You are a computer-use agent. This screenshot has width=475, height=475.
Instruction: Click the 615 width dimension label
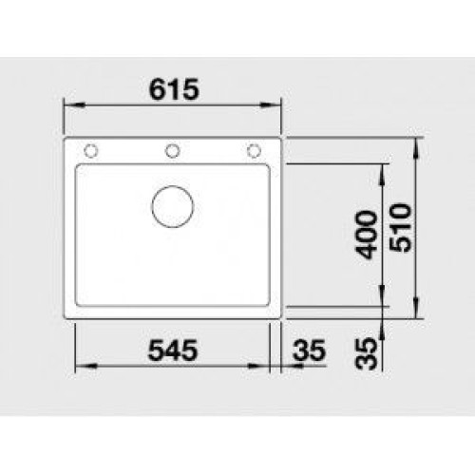point(174,89)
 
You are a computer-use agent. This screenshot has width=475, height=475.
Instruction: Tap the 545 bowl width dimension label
point(173,351)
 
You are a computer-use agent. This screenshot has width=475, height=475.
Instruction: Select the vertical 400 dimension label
point(367,235)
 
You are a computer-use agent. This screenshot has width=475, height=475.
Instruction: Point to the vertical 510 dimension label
point(401,228)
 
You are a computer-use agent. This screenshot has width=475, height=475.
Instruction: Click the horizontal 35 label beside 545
point(310,351)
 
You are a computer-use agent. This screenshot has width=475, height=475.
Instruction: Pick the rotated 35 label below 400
point(367,353)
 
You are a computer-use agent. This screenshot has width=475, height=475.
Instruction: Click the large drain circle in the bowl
point(173,206)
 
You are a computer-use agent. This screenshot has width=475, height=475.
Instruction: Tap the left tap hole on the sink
point(91,151)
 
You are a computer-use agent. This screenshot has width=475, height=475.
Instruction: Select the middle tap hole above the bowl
point(173,151)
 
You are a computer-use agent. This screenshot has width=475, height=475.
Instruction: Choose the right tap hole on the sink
point(254,151)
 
